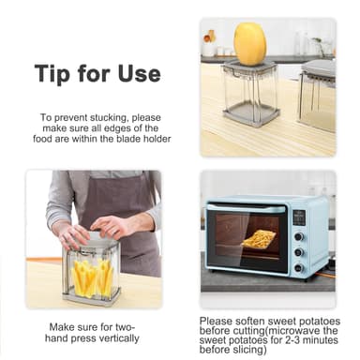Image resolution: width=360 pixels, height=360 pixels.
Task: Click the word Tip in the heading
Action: [x=52, y=74]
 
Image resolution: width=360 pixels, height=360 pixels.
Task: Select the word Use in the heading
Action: [x=137, y=74]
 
